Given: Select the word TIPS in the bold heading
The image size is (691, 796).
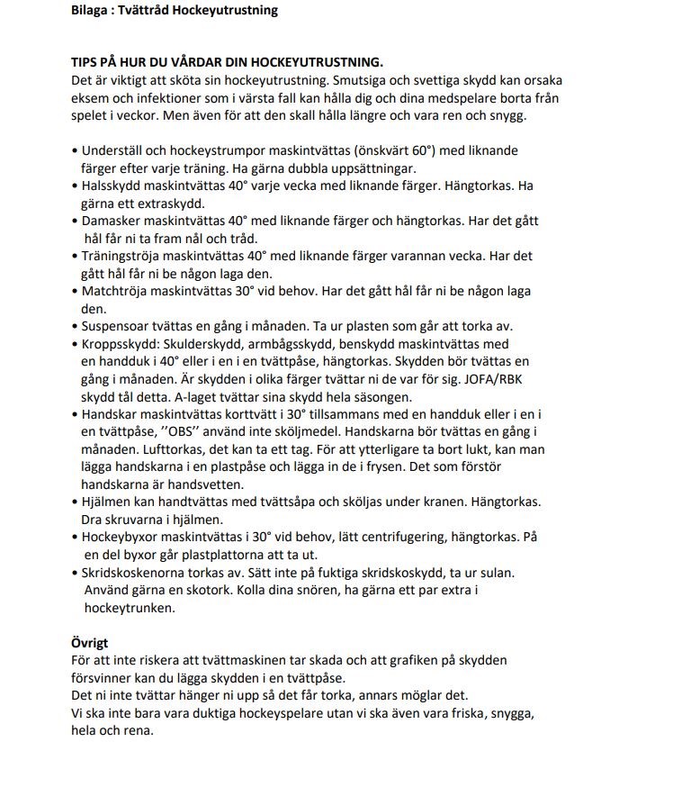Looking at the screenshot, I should click(85, 62).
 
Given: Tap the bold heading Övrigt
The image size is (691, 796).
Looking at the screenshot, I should click(89, 643).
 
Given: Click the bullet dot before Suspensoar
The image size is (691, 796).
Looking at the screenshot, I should click(74, 327).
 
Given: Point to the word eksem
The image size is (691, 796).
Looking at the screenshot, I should click(89, 97).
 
